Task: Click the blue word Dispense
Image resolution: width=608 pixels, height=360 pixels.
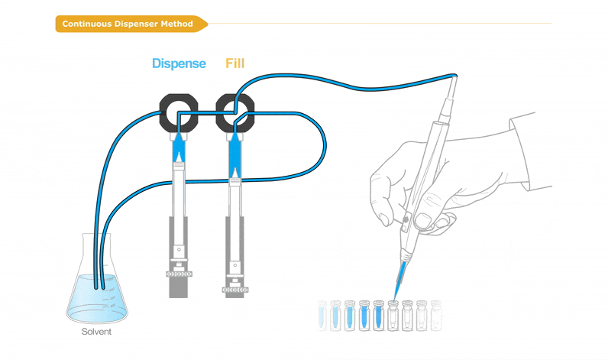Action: click(179, 63)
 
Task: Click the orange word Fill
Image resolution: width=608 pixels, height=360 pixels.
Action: click(235, 63)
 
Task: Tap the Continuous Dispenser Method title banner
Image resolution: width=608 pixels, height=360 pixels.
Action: click(131, 24)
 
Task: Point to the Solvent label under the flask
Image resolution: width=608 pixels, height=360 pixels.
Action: click(96, 332)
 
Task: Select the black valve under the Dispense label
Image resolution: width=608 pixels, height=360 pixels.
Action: click(179, 113)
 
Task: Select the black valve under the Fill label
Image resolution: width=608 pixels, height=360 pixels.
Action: click(235, 113)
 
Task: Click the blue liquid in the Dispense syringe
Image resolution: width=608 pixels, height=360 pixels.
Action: click(179, 148)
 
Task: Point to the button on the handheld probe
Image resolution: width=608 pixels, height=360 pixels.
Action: click(406, 219)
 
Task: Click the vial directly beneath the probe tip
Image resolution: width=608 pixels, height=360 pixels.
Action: click(393, 316)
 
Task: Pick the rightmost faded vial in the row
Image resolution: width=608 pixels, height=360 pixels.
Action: click(436, 316)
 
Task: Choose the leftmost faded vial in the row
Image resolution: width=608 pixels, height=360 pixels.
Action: click(322, 316)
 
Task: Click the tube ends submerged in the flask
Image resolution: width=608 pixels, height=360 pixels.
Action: click(99, 287)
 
